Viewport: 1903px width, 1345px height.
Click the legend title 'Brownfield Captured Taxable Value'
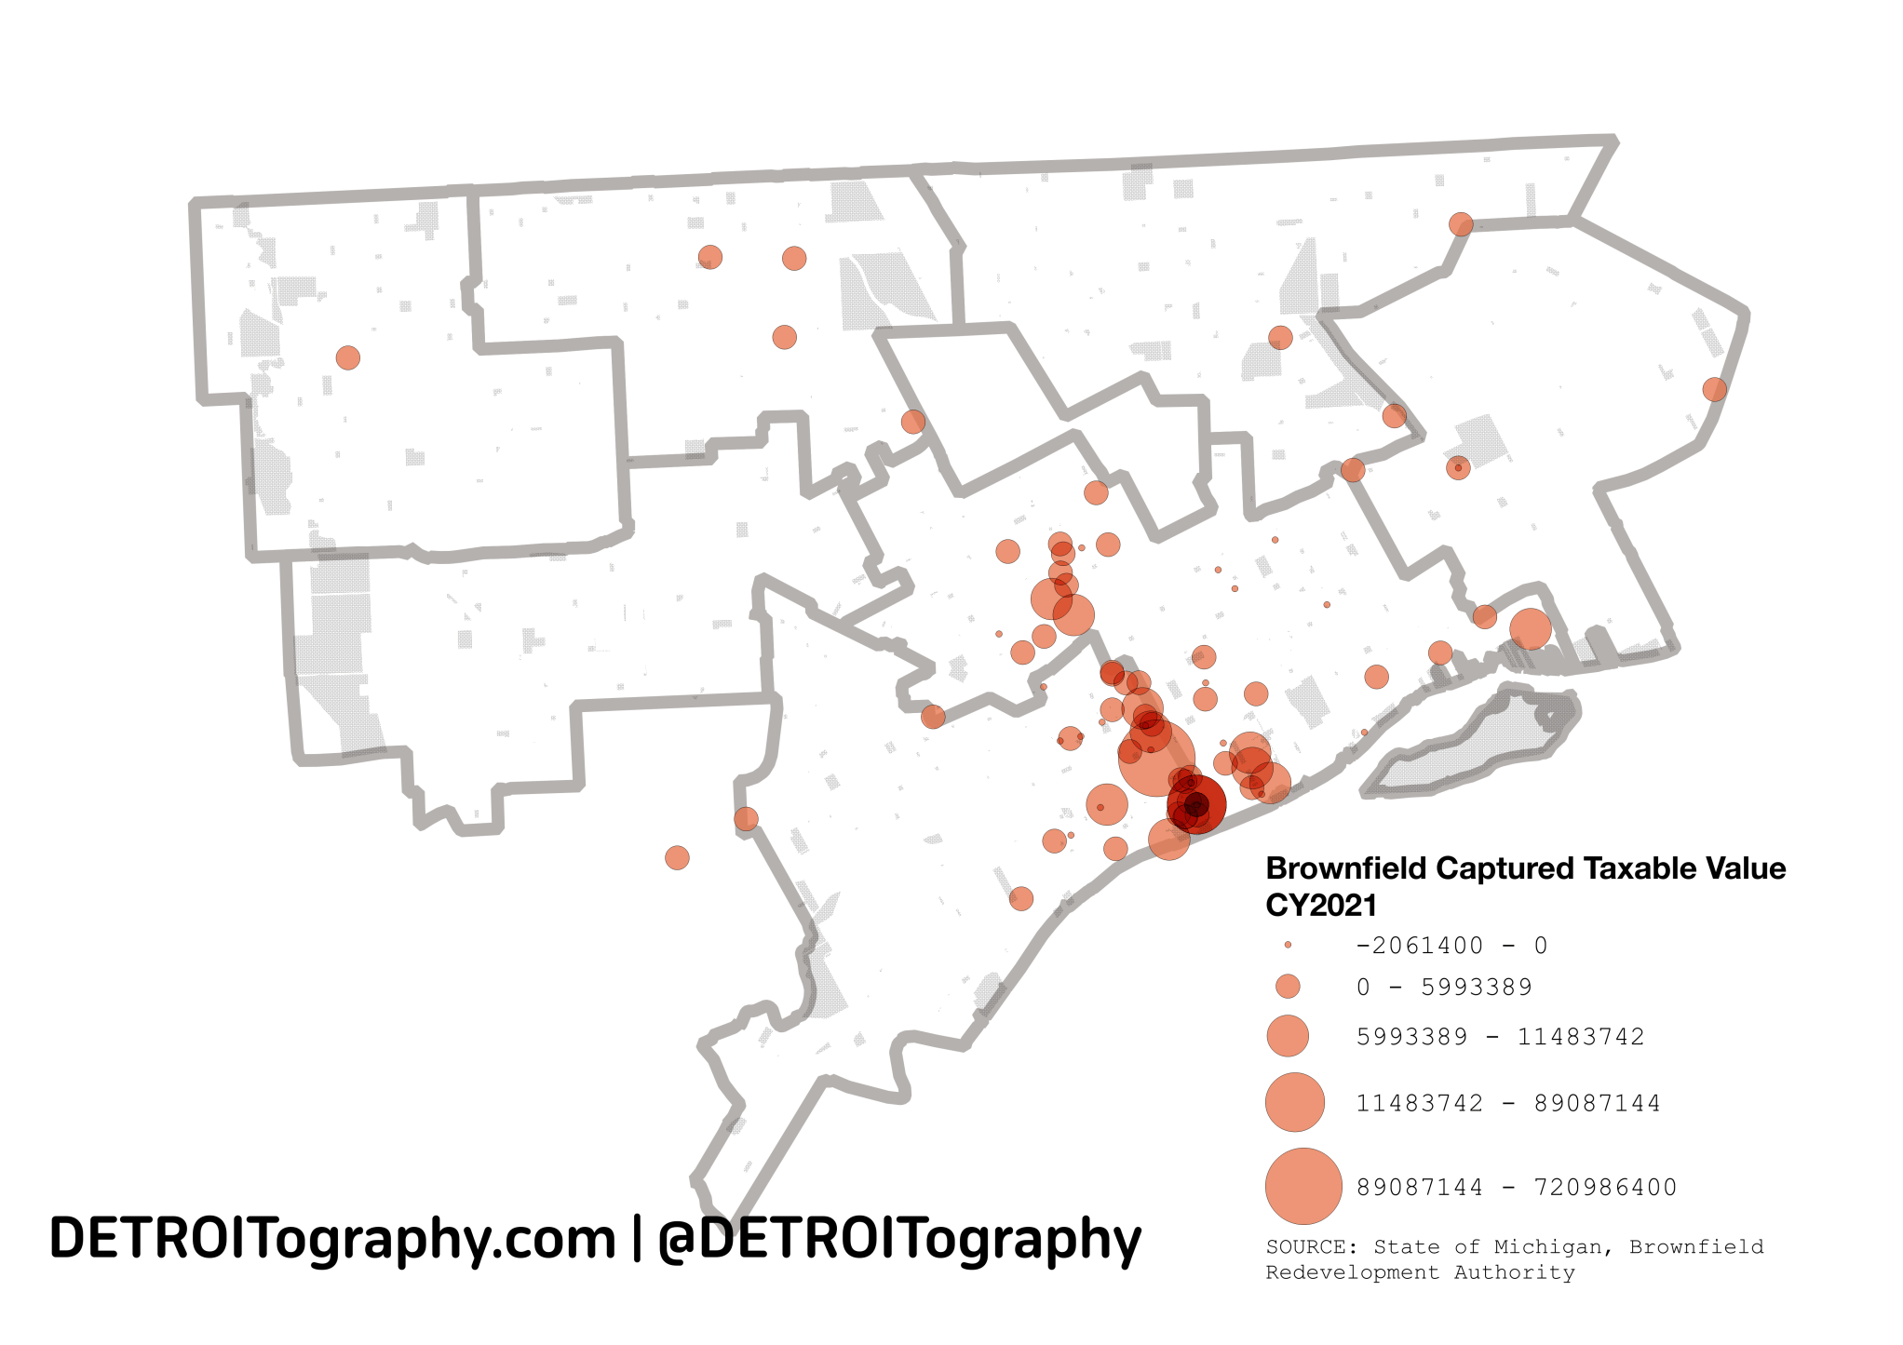[x=1525, y=868]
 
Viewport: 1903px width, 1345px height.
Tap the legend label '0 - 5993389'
[x=1444, y=987]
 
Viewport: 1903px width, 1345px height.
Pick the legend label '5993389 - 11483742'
[x=1500, y=1036]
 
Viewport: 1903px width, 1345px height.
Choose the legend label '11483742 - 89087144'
[x=1508, y=1103]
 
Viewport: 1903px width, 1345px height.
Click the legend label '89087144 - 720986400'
[x=1516, y=1187]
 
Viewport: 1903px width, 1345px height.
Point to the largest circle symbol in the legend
[x=1303, y=1186]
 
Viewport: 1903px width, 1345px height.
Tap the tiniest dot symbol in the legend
[x=1288, y=945]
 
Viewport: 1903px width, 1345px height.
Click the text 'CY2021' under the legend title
[x=1320, y=905]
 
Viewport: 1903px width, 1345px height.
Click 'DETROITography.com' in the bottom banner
[x=332, y=1239]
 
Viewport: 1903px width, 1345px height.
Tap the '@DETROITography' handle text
[x=899, y=1239]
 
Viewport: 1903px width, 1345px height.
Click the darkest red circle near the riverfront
[x=1196, y=804]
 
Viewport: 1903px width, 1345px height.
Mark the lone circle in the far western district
[x=347, y=357]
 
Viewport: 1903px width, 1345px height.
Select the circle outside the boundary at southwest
[x=677, y=857]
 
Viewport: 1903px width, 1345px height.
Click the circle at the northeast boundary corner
[x=1461, y=224]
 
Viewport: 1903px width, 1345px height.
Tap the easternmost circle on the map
[x=1714, y=389]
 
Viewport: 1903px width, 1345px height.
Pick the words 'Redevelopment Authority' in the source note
[x=1420, y=1272]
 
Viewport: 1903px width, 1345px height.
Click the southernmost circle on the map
[x=1021, y=898]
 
